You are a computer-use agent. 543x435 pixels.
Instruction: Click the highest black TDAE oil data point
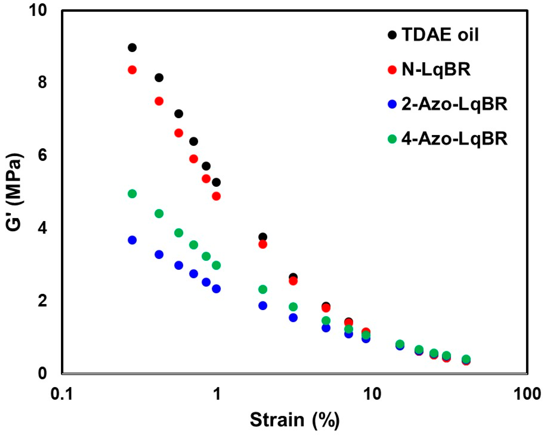pyautogui.click(x=132, y=48)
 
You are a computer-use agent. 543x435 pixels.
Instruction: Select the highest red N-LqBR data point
pyautogui.click(x=132, y=70)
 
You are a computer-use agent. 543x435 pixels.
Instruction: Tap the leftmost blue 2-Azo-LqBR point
pyautogui.click(x=132, y=240)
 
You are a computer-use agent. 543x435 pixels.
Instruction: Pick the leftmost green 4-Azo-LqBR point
pyautogui.click(x=132, y=194)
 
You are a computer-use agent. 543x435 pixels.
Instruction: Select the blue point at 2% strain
pyautogui.click(x=263, y=305)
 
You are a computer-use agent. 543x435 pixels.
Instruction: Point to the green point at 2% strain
pyautogui.click(x=263, y=289)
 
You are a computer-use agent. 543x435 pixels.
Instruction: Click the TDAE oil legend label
pyautogui.click(x=440, y=35)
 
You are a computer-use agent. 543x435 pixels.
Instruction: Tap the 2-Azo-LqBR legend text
pyautogui.click(x=454, y=104)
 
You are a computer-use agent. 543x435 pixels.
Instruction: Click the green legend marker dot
pyautogui.click(x=392, y=139)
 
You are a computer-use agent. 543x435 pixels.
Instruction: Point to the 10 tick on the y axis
pyautogui.click(x=39, y=11)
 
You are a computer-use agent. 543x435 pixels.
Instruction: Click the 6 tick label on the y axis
pyautogui.click(x=43, y=156)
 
